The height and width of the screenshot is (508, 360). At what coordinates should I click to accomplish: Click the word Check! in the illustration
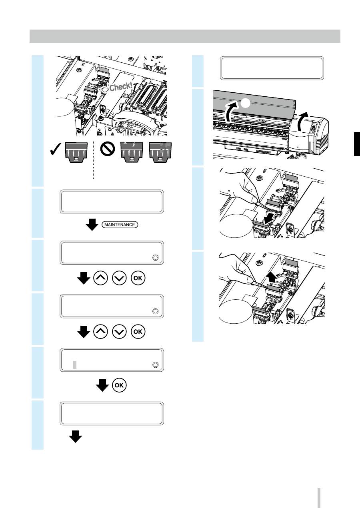[x=121, y=87]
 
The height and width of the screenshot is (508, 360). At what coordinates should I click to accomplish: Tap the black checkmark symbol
[x=55, y=149]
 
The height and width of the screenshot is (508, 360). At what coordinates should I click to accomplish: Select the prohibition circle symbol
[x=108, y=149]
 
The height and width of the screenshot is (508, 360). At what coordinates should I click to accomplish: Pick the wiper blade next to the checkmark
[x=76, y=152]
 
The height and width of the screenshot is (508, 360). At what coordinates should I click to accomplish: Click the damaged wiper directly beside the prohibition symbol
[x=132, y=152]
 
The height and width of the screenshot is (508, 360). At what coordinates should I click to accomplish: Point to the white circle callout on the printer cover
[x=245, y=104]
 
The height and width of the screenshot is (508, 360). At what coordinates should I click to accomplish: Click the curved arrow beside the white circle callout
[x=231, y=111]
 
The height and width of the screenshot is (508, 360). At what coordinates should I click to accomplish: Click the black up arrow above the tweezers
[x=271, y=278]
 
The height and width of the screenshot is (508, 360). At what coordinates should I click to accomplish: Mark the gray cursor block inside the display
[x=75, y=365]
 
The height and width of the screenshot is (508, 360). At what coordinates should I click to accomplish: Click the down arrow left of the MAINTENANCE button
[x=92, y=225]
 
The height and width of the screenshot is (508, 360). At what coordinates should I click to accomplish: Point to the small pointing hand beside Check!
[x=104, y=90]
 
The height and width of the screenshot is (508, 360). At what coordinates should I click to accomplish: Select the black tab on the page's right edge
[x=357, y=144]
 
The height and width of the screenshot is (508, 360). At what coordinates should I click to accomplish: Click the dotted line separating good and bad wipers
[x=93, y=160]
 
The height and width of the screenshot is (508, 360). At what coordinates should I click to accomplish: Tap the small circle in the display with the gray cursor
[x=155, y=365]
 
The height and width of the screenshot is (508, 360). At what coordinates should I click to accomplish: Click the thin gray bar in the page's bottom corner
[x=319, y=498]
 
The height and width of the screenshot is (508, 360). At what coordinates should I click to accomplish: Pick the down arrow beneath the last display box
[x=75, y=436]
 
